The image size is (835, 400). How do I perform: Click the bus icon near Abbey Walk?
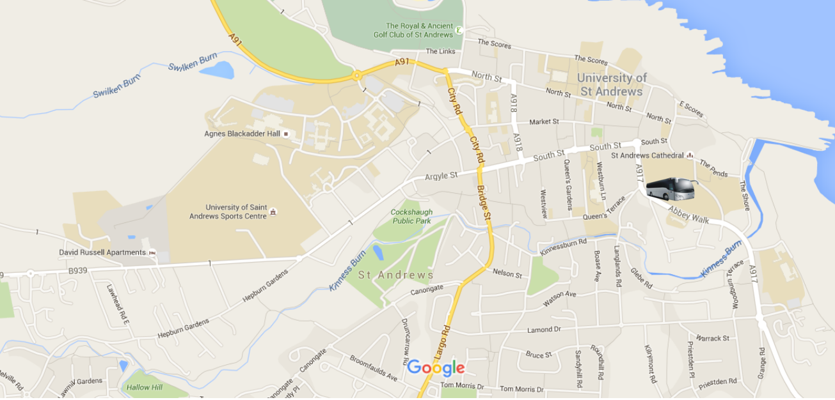671,189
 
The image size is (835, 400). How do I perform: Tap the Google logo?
436,368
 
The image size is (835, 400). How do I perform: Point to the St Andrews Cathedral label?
648,155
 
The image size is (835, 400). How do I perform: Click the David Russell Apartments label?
102,252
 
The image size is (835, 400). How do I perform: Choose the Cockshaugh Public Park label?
412,217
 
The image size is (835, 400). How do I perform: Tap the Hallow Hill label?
144,387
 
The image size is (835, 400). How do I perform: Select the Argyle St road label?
441,175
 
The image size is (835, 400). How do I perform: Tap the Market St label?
545,121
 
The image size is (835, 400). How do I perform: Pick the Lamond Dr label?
544,330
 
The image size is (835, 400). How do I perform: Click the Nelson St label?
507,273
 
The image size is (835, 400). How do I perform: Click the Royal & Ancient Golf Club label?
414,30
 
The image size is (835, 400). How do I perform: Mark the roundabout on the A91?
356,76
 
